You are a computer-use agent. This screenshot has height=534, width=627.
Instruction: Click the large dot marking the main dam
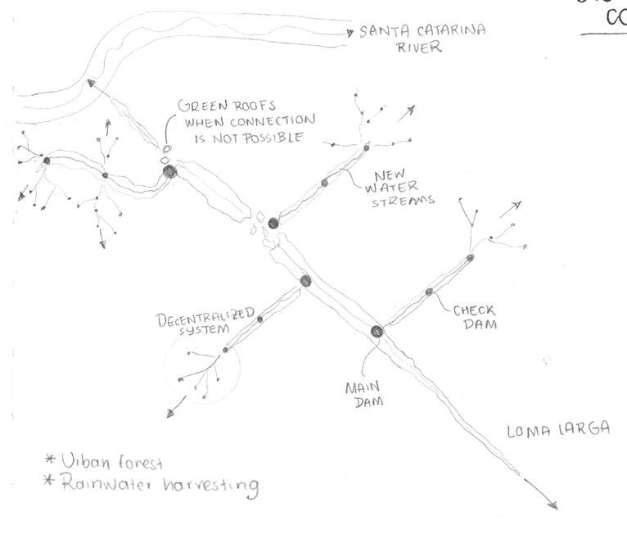(377, 332)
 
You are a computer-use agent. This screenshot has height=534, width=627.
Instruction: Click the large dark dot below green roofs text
(169, 172)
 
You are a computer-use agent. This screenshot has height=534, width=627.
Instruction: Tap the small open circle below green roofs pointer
(165, 148)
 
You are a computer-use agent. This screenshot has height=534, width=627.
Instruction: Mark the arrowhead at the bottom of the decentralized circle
(170, 413)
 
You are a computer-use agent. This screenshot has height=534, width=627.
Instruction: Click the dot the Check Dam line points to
(428, 292)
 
